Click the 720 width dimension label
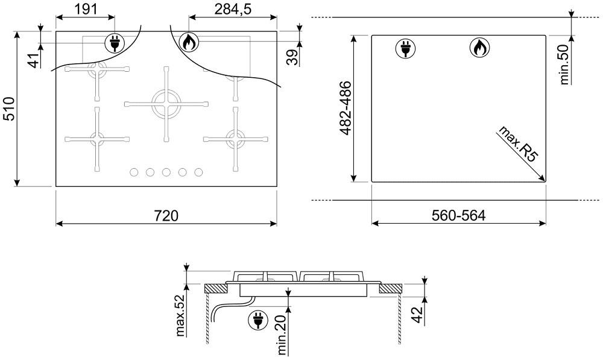click(166, 215)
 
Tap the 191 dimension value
click(86, 8)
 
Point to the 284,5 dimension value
click(233, 8)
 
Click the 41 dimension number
click(35, 60)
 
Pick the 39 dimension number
click(292, 57)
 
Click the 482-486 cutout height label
click(346, 108)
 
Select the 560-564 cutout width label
click(458, 215)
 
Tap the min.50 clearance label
click(564, 65)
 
